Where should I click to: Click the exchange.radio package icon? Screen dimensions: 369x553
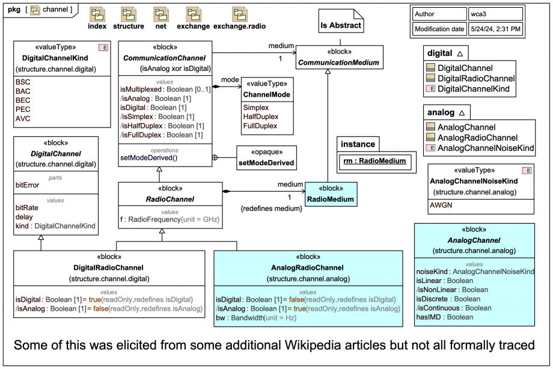[239, 14]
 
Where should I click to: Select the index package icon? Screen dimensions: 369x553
[97, 14]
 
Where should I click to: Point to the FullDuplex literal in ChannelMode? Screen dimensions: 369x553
[260, 126]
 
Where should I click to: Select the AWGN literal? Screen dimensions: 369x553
[440, 204]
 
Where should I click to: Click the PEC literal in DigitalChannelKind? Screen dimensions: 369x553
[23, 109]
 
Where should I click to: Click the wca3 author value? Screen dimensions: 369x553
[480, 14]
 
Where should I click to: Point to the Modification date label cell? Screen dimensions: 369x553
[439, 29]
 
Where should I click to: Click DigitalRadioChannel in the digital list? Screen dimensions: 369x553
[476, 79]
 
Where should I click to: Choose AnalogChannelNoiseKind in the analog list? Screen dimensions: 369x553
[485, 148]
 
